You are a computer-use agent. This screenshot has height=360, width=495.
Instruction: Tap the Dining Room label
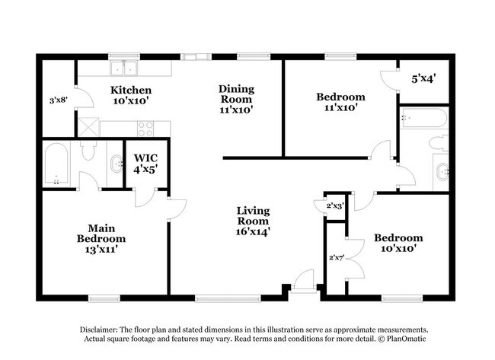(x=236, y=99)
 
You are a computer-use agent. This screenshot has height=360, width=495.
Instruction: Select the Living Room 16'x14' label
(x=254, y=221)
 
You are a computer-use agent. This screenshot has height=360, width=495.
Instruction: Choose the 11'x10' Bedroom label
(x=340, y=102)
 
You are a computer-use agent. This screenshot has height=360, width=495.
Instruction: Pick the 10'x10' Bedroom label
(x=398, y=243)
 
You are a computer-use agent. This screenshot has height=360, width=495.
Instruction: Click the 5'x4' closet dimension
(x=425, y=78)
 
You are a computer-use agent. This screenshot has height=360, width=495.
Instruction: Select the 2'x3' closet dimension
(x=335, y=205)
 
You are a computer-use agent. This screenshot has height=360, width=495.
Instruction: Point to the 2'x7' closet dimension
(x=335, y=258)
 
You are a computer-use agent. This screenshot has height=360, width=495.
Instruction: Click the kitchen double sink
(x=123, y=68)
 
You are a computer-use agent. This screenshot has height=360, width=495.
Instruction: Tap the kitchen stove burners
(x=145, y=128)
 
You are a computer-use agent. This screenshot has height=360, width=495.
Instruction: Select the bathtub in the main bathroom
(x=57, y=164)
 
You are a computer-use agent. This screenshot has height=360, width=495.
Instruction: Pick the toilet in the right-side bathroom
(x=439, y=142)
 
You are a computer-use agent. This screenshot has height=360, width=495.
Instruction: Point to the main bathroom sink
(x=116, y=162)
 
